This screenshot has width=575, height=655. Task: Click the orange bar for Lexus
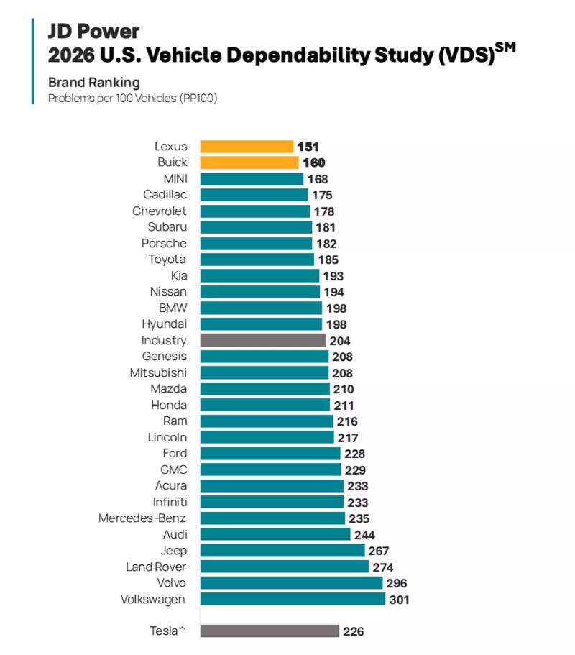247,147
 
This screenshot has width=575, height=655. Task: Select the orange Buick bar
249,162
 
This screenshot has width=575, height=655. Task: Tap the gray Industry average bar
262,341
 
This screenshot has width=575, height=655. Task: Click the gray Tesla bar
270,631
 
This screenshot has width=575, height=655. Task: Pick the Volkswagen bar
293,599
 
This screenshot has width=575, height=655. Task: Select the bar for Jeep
282,551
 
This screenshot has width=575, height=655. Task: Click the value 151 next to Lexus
308,147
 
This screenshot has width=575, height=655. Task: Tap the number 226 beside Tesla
353,632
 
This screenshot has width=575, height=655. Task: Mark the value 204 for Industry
339,342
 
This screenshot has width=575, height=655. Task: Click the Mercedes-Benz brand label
142,518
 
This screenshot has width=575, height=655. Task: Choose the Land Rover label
156,567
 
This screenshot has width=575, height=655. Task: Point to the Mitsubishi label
158,372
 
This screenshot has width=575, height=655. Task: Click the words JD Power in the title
93,31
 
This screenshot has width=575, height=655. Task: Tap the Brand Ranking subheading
93,82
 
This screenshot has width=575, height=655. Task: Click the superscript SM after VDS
505,47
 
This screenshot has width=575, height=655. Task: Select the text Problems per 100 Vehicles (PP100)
132,98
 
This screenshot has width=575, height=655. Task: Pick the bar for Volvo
291,583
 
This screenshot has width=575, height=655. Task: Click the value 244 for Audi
364,535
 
